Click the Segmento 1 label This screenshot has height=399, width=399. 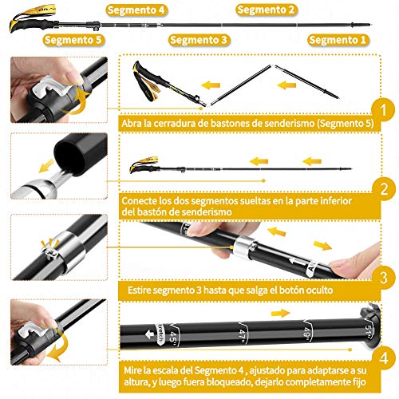pos(338,39)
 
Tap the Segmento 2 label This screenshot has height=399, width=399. pos(266,10)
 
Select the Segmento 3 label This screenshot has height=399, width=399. pos(199,39)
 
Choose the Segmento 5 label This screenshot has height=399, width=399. pos(73,39)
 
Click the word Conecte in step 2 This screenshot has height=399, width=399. pos(140,201)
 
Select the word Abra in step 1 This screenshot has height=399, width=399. pos(132,124)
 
